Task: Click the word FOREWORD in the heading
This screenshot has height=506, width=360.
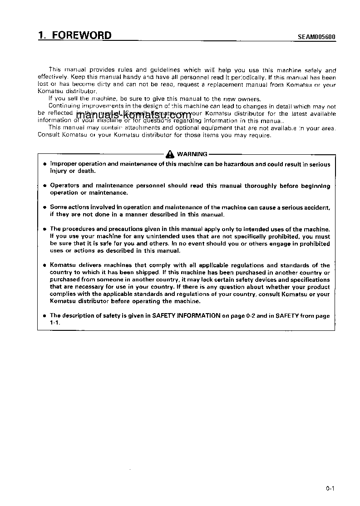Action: pos(82,36)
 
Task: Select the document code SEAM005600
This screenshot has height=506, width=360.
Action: pos(317,38)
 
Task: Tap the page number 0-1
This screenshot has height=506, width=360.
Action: pos(330,489)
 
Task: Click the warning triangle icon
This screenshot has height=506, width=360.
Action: pos(170,154)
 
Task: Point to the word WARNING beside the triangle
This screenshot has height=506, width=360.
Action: pos(192,154)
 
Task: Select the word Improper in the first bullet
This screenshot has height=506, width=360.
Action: pos(63,164)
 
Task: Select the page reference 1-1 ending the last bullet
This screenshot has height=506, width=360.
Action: pos(54,322)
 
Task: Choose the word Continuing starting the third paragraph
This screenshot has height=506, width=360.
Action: pos(64,106)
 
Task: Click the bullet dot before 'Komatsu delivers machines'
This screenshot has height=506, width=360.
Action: pos(44,265)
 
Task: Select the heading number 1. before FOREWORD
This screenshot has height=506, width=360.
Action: pos(43,36)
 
